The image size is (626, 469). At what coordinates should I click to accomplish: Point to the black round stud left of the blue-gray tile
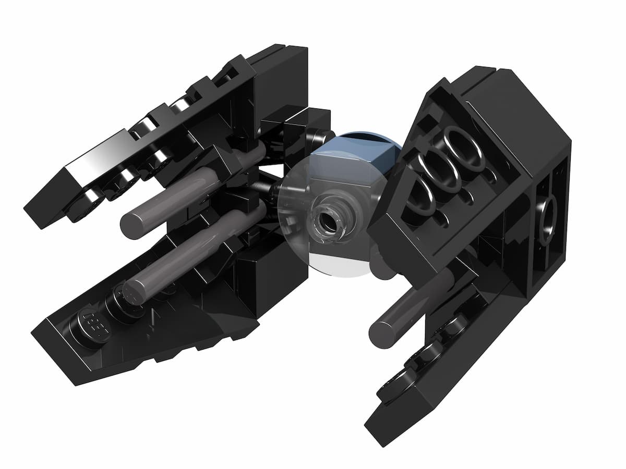tap(320, 137)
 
